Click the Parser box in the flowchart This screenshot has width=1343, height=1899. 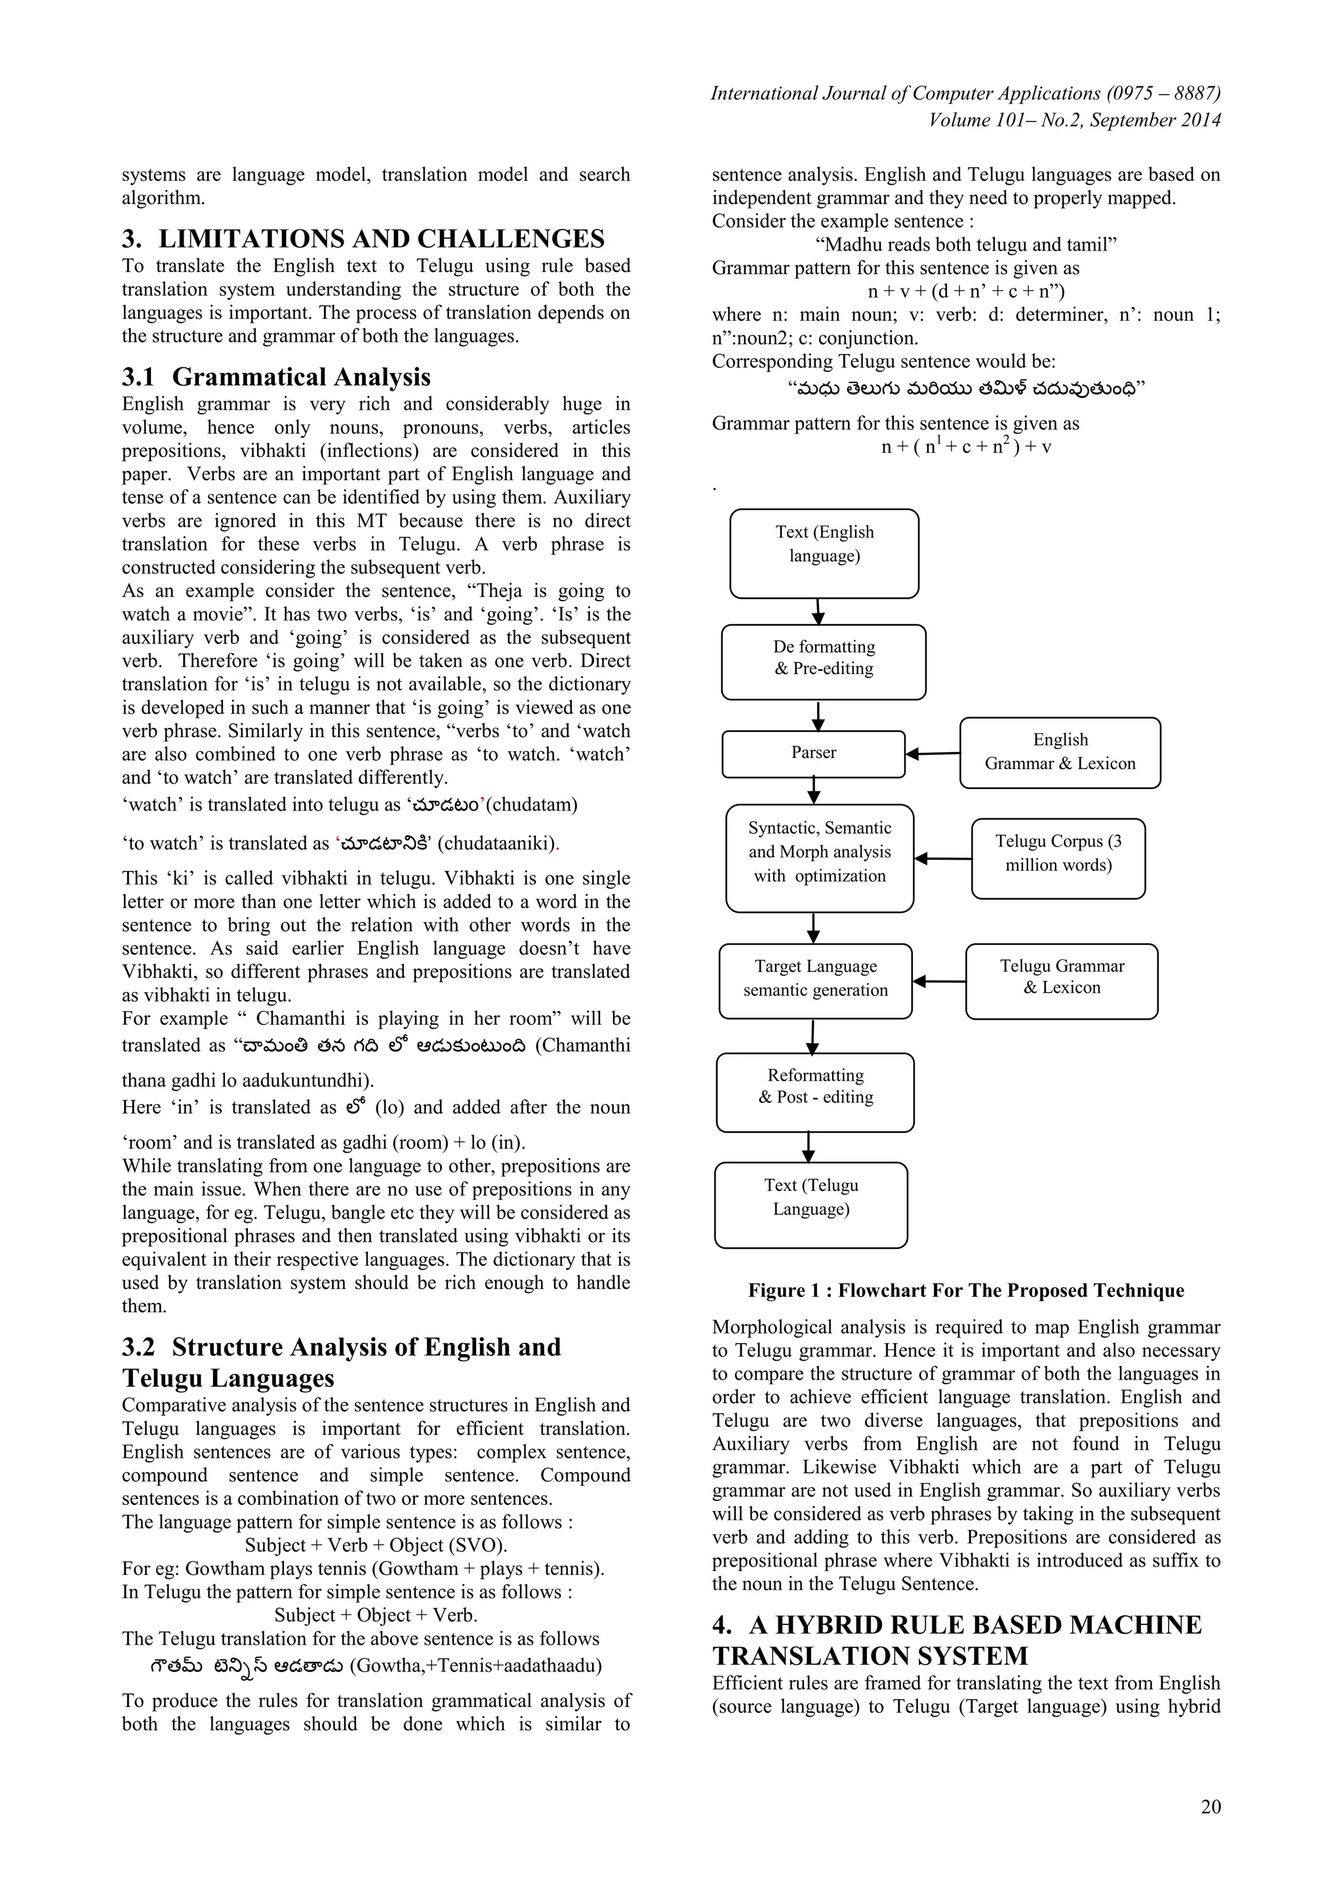point(813,753)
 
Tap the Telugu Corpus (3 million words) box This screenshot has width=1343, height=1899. point(1058,858)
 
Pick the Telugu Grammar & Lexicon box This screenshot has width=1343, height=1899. point(1061,980)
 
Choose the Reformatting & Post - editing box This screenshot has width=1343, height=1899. point(814,1092)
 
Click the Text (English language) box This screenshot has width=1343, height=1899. point(824,553)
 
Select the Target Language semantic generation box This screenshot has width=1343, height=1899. point(814,980)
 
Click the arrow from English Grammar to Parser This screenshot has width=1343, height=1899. point(933,753)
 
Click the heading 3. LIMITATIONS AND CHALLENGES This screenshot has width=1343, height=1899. point(363,239)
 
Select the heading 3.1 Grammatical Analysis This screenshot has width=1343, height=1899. point(276,377)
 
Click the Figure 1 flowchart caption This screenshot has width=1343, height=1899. point(966,1290)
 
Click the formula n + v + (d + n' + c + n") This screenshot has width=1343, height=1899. point(966,291)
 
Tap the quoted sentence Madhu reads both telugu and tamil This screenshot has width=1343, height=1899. point(966,245)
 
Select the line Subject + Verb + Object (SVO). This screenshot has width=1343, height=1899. point(376,1545)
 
